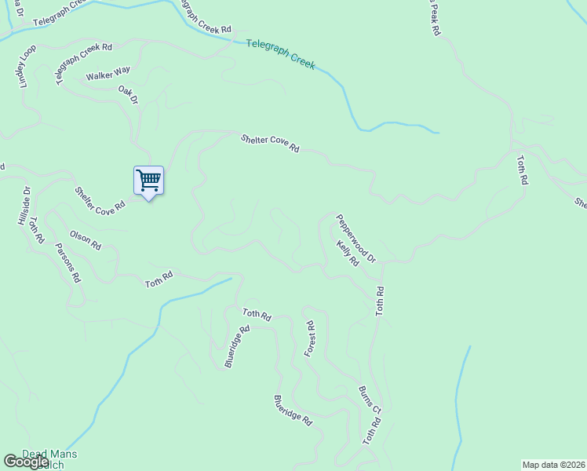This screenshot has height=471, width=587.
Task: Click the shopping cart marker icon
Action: pos(148,181)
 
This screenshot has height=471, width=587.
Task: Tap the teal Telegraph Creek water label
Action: pos(281,55)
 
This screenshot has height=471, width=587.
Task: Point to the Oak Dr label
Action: pos(128,96)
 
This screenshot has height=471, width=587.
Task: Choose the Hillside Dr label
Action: pos(24,206)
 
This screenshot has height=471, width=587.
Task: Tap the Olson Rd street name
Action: pos(86,240)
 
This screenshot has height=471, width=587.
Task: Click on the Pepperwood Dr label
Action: pos(356,238)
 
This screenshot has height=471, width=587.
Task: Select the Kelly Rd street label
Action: pos(348,254)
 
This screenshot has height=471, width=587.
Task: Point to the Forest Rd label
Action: pos(310,339)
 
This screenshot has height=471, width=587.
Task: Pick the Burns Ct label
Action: pos(370,400)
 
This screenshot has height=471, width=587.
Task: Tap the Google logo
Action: pos(25,462)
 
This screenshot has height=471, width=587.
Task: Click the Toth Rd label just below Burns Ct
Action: pos(371,433)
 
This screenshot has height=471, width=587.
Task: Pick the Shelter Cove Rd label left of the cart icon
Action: pos(100,200)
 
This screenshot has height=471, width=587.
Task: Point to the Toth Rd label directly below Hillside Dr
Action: pos(35,229)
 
